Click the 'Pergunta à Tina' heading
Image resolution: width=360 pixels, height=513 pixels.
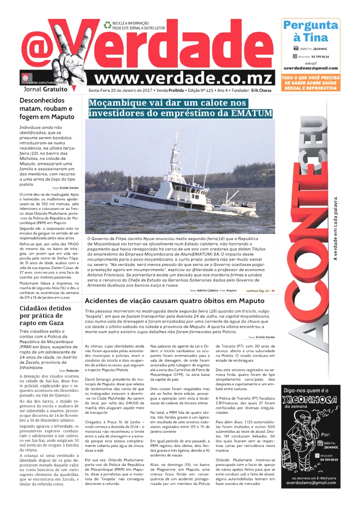point(310,31)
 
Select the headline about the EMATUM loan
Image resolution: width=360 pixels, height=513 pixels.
point(181,108)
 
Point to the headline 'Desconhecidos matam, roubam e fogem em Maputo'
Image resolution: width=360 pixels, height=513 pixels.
point(46,109)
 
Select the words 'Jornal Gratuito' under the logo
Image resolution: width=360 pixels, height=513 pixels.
point(46,89)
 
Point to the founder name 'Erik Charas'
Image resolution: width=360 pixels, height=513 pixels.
point(262,90)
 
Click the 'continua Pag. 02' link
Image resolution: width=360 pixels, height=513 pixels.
point(259,291)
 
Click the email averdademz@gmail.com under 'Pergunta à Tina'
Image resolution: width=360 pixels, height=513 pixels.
point(310,68)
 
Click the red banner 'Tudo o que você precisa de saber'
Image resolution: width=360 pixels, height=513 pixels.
point(310,83)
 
